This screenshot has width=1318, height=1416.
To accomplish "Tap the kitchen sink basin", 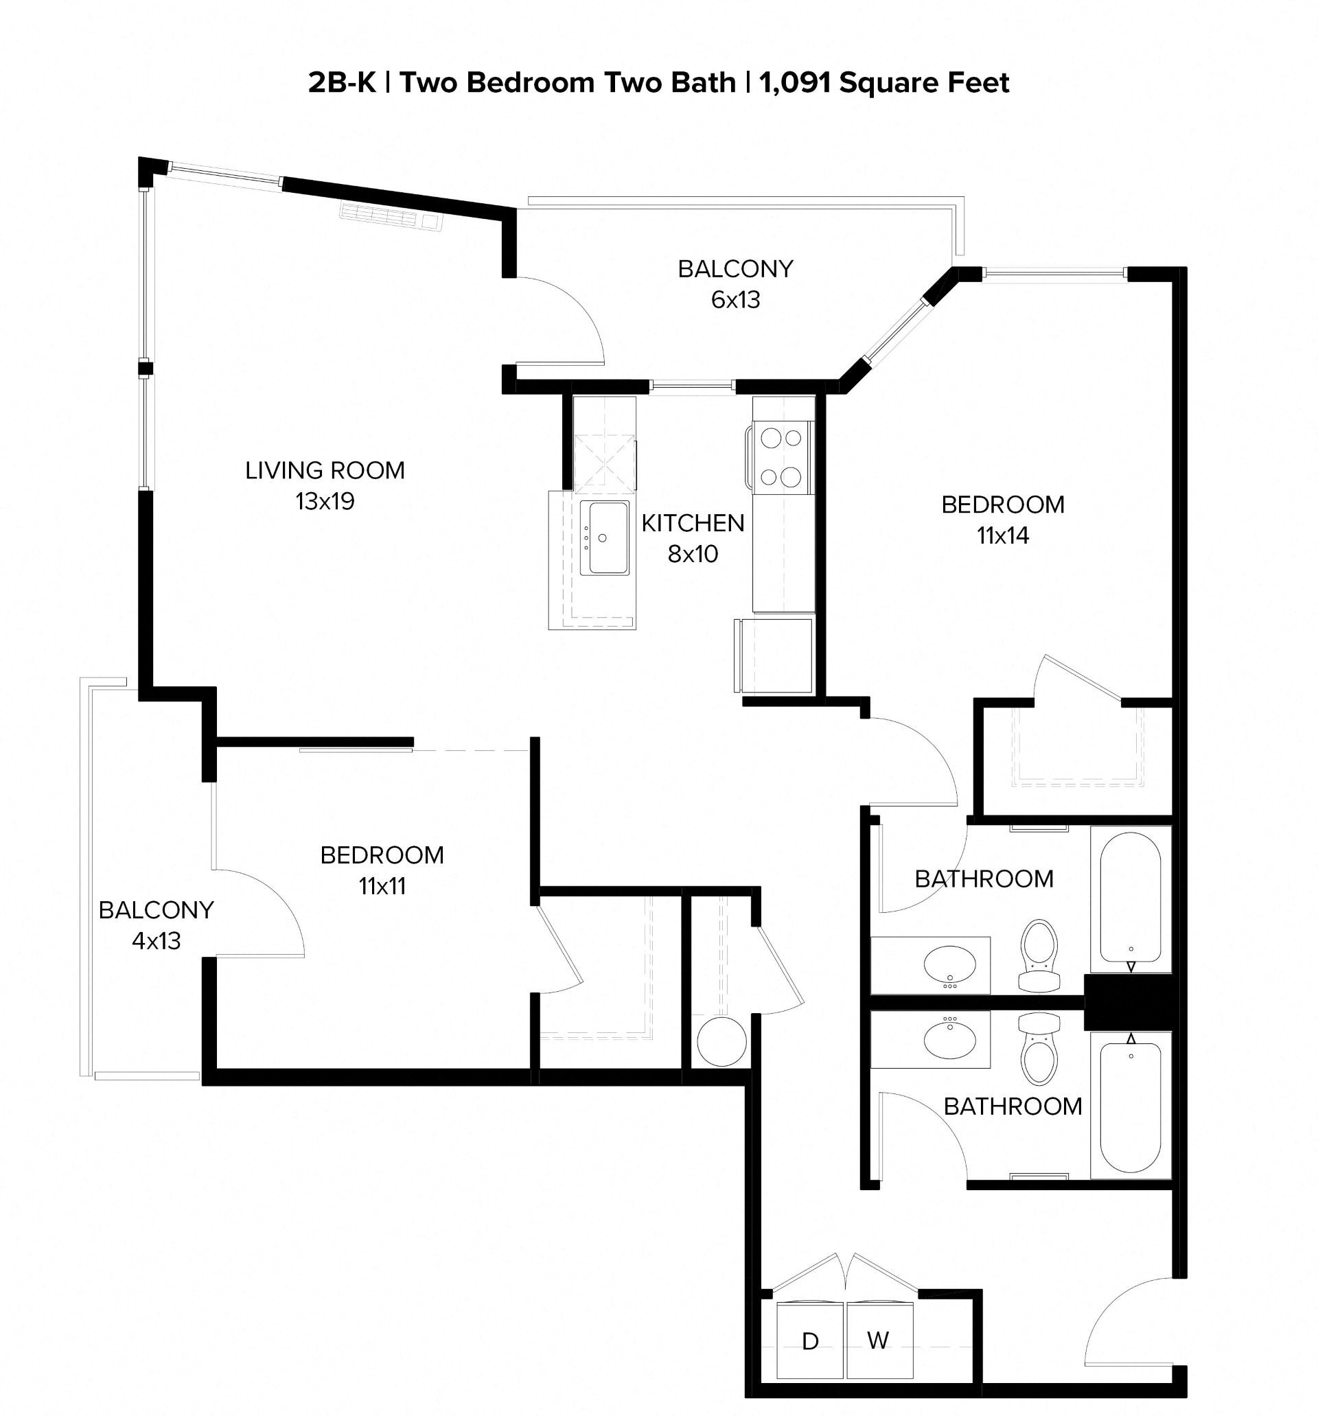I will click(604, 537).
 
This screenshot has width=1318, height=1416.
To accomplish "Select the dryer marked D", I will click(810, 1341).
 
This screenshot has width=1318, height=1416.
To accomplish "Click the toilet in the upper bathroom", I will click(1039, 955).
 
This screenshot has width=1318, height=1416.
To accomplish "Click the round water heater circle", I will click(721, 1042).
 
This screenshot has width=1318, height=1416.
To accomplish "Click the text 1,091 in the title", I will click(795, 83).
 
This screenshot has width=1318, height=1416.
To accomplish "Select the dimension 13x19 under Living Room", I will click(325, 502).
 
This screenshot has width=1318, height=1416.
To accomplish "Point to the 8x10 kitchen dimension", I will click(693, 553).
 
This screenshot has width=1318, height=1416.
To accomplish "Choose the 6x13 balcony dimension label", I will click(735, 300).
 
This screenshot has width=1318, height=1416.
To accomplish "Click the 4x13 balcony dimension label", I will click(156, 941).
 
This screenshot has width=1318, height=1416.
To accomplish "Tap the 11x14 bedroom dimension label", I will click(1002, 535).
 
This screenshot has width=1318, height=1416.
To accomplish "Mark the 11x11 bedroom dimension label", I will click(382, 886).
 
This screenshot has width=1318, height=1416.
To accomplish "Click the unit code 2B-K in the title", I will click(341, 83).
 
